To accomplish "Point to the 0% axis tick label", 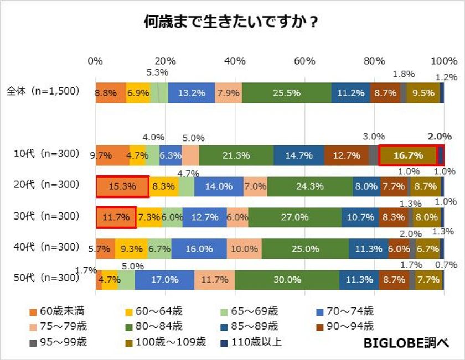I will (x=96, y=61).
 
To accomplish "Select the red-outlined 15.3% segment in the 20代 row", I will (x=122, y=187).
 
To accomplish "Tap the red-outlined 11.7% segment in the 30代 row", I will (x=116, y=217).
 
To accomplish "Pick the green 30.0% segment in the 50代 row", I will (x=287, y=280).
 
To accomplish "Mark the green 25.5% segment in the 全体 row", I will (x=287, y=93).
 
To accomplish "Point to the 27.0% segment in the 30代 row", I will (x=294, y=217).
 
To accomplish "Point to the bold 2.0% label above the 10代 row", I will (x=440, y=136).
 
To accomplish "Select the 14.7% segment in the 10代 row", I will (x=299, y=155).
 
